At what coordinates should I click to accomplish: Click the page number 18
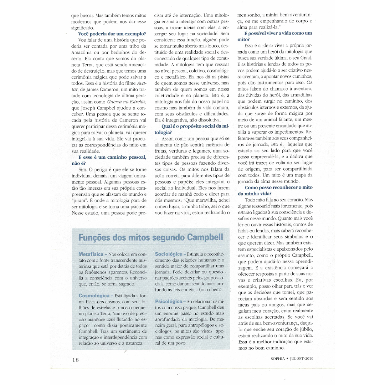(x=75, y=359)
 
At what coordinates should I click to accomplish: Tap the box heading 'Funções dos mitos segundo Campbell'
(x=150, y=237)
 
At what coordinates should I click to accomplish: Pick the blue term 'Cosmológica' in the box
(x=94, y=296)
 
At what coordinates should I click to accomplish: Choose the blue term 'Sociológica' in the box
(x=169, y=254)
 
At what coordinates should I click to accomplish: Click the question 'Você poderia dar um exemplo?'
(x=109, y=34)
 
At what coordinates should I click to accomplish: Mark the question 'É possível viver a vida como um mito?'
(x=275, y=36)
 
